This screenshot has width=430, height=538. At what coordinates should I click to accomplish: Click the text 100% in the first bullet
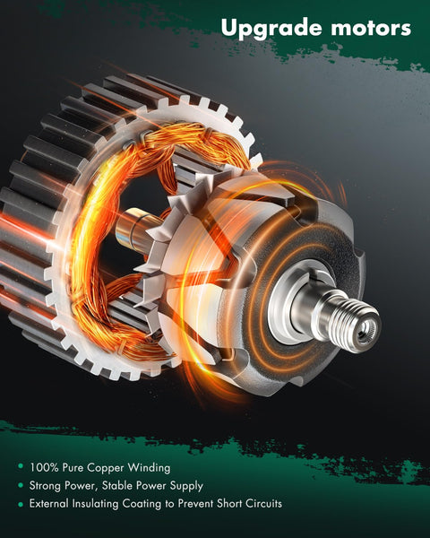45,467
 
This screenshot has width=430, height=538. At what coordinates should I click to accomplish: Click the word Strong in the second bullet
47,485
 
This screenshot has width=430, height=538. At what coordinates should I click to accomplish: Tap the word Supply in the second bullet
185,485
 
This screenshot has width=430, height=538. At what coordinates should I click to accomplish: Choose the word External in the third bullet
51,504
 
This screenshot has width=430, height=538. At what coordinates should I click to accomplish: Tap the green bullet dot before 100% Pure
20,467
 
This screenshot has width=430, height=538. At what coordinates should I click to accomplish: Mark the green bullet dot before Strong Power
20,486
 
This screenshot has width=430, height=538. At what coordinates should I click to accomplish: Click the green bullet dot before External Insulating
20,504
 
